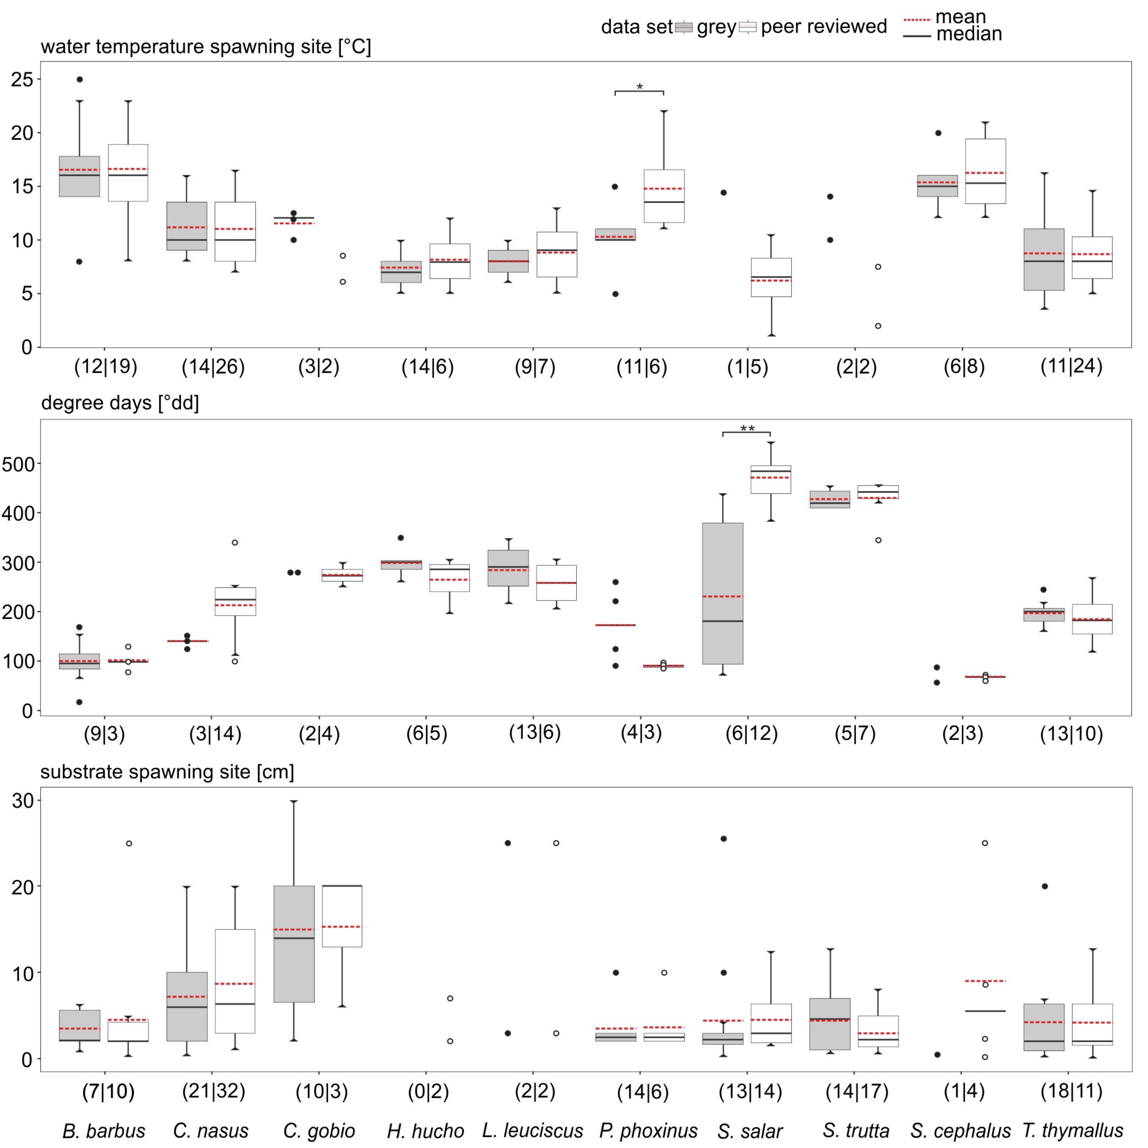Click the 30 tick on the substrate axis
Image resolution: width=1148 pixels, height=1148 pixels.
point(23,801)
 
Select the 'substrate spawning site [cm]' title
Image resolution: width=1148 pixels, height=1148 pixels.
point(167,772)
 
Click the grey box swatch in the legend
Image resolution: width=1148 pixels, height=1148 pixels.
point(684,27)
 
